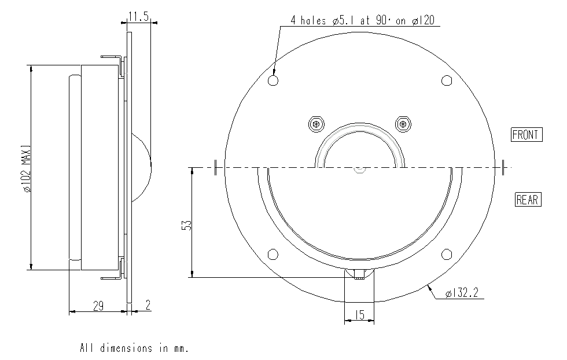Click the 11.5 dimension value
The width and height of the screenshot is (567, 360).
click(139, 17)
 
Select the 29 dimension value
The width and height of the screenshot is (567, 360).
click(98, 306)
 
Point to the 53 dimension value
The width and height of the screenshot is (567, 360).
click(187, 225)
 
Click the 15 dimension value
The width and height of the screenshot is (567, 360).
click(360, 315)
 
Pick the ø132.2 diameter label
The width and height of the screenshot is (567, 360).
click(462, 293)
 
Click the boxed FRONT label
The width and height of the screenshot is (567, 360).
click(526, 135)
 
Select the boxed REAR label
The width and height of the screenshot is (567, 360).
click(528, 199)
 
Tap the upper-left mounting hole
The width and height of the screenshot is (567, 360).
click(273, 80)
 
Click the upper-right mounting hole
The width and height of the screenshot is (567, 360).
click(447, 80)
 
